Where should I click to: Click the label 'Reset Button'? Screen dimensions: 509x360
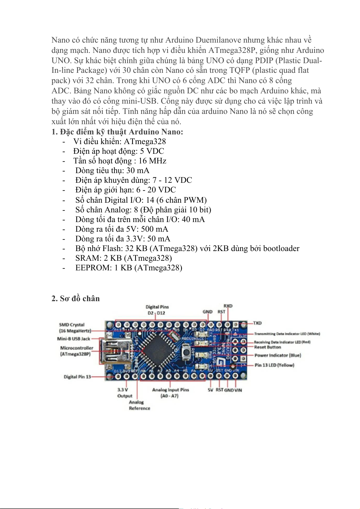point(268,347)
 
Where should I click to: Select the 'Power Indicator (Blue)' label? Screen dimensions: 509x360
point(277,356)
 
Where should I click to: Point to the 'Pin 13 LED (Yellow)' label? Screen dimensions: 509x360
point(274,365)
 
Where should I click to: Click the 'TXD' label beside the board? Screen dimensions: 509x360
point(257,323)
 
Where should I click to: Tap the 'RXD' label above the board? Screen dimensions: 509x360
point(228,306)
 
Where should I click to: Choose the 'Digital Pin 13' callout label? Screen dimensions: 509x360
point(77,377)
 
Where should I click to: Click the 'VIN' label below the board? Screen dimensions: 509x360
point(238,390)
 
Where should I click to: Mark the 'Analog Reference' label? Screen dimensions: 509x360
point(139,405)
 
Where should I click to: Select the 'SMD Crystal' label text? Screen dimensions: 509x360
point(72,325)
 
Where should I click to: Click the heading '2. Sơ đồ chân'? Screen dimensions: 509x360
point(76,298)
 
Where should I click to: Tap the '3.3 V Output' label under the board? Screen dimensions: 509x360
point(125,393)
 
